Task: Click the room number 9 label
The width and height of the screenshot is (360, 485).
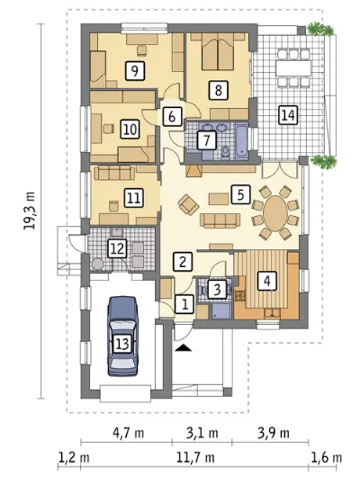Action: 134,71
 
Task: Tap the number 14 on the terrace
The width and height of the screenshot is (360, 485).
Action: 288,115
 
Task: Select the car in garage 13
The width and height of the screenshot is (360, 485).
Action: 122,336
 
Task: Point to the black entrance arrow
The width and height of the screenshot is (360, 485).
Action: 183,347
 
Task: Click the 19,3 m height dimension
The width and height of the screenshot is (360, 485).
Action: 30,210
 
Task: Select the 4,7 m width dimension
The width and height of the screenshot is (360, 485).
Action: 129,433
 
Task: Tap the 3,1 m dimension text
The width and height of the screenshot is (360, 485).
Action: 202,433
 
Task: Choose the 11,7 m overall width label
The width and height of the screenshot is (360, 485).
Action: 195,457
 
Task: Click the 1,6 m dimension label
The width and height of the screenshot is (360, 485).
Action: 327,457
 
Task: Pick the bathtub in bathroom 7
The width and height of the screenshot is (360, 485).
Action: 241,141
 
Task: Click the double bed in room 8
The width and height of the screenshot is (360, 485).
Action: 218,51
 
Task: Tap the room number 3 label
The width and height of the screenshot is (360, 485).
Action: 217,290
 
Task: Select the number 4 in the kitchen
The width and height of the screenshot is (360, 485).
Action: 267,281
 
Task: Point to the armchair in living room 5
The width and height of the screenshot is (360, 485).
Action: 188,204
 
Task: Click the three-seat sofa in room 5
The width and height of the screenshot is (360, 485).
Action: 220,220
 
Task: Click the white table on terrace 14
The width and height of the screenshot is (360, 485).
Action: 293,68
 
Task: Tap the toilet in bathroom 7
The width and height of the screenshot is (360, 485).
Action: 226,152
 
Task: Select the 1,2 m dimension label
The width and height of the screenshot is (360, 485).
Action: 74,457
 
